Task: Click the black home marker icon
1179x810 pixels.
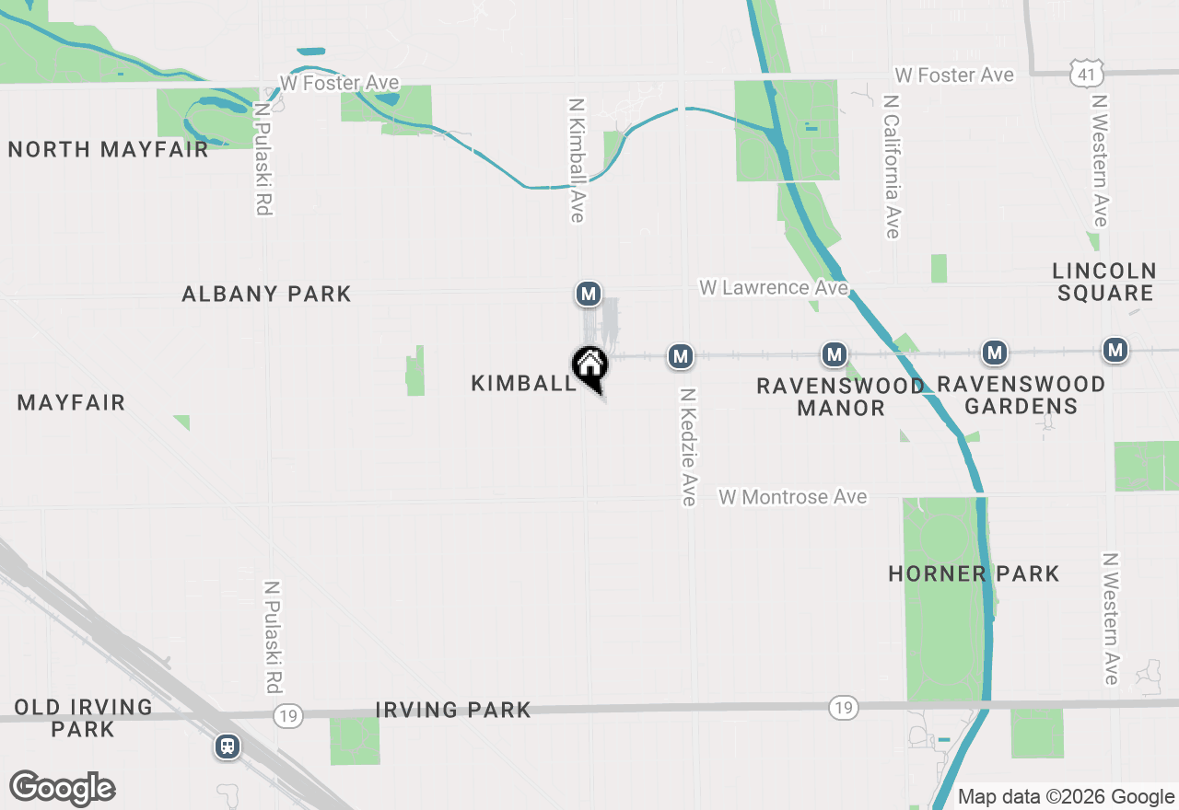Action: point(589,366)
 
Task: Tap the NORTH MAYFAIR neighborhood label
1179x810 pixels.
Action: point(109,149)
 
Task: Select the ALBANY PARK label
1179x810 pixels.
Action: point(266,294)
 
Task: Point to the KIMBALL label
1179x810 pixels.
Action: point(523,383)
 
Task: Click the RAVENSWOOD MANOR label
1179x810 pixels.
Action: point(840,396)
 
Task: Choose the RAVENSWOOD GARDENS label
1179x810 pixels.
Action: point(1021,396)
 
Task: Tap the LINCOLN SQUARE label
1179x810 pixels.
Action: point(1104,282)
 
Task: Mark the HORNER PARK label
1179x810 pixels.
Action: point(974,573)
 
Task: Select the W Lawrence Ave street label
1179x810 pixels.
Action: point(773,288)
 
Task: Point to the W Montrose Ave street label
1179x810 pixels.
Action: point(793,497)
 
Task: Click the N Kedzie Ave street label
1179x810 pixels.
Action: point(688,445)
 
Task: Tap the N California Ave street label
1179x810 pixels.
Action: point(891,166)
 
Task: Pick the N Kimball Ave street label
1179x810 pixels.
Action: point(578,160)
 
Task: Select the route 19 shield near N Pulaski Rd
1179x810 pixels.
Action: point(288,714)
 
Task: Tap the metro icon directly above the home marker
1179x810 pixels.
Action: point(589,295)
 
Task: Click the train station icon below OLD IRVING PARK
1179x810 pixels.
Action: point(227,746)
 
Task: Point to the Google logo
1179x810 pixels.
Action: point(62,788)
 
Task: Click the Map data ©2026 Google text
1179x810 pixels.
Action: point(1066,797)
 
